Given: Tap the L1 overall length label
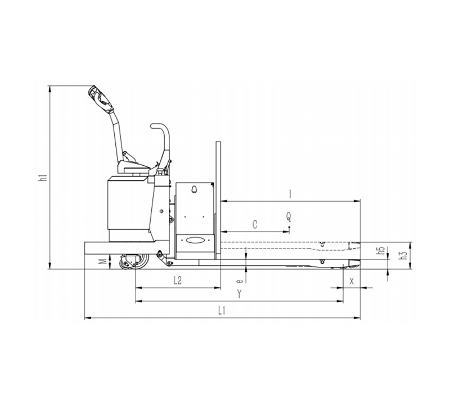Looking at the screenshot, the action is [x=222, y=310].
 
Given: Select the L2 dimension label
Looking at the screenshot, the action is [x=178, y=280].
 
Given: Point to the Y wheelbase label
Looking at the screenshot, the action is [x=239, y=294].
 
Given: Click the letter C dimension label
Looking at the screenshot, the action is [x=255, y=224].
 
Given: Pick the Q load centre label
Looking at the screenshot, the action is [x=289, y=216].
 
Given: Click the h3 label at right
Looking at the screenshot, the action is [x=404, y=255].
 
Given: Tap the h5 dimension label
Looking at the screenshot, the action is [x=381, y=250].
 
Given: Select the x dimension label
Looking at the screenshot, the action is [x=352, y=281].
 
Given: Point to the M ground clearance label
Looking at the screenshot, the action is [x=104, y=261].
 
